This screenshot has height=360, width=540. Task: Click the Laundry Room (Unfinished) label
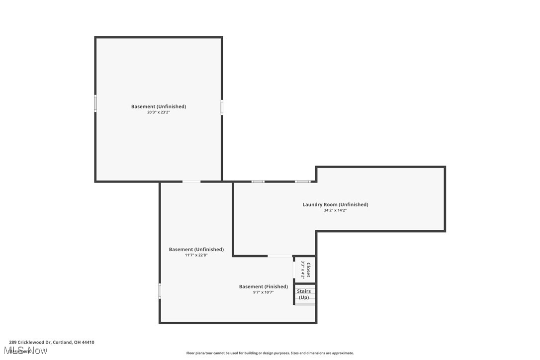point(335,204)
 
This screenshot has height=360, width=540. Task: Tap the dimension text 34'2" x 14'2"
point(335,210)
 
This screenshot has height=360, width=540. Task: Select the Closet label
point(308,270)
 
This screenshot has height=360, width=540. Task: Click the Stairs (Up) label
point(304,294)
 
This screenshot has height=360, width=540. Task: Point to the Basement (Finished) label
point(264,286)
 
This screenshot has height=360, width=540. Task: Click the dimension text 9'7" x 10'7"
point(264,292)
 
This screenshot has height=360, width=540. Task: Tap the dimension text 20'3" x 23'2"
point(159,112)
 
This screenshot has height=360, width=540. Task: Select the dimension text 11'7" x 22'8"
point(196,255)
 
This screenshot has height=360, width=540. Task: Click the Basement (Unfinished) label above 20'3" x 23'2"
point(159,106)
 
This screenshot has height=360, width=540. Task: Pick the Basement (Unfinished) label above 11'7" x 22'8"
point(196,249)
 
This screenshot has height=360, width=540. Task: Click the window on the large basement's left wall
point(95,103)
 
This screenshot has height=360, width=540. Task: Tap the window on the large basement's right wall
point(222,107)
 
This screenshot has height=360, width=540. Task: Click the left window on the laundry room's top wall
point(258,181)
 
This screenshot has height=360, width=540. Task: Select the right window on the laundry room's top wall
point(302,181)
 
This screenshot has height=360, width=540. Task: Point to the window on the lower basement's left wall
point(160,290)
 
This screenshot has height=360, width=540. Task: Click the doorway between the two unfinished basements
point(191,181)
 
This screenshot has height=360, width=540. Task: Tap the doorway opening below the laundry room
point(280,256)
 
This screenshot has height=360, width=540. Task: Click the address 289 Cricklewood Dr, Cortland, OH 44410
point(52,342)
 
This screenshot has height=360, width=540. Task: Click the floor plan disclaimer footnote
point(270,353)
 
